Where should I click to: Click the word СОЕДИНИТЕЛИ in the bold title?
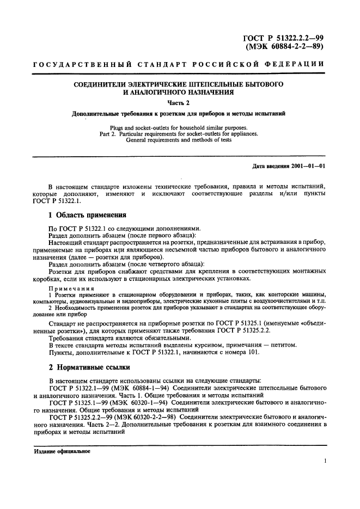[102, 84]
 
